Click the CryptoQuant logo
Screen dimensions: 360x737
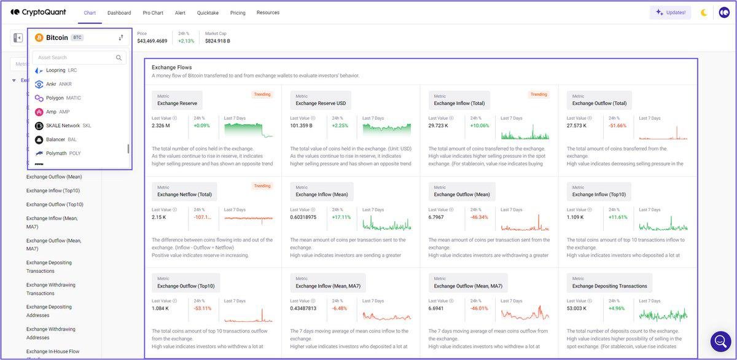coord(38,12)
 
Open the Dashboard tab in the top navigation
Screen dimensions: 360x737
coord(119,13)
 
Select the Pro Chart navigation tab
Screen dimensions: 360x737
coord(154,13)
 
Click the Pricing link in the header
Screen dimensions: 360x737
coord(238,13)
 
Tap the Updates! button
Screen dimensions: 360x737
coord(670,12)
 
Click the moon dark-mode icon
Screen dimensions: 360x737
coord(704,12)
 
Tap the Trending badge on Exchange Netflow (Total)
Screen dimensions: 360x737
coord(262,186)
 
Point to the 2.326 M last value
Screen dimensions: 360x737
coord(161,126)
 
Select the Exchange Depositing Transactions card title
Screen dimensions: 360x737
coord(609,286)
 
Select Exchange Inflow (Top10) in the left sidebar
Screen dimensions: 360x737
coord(53,190)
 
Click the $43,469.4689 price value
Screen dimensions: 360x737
coord(152,41)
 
